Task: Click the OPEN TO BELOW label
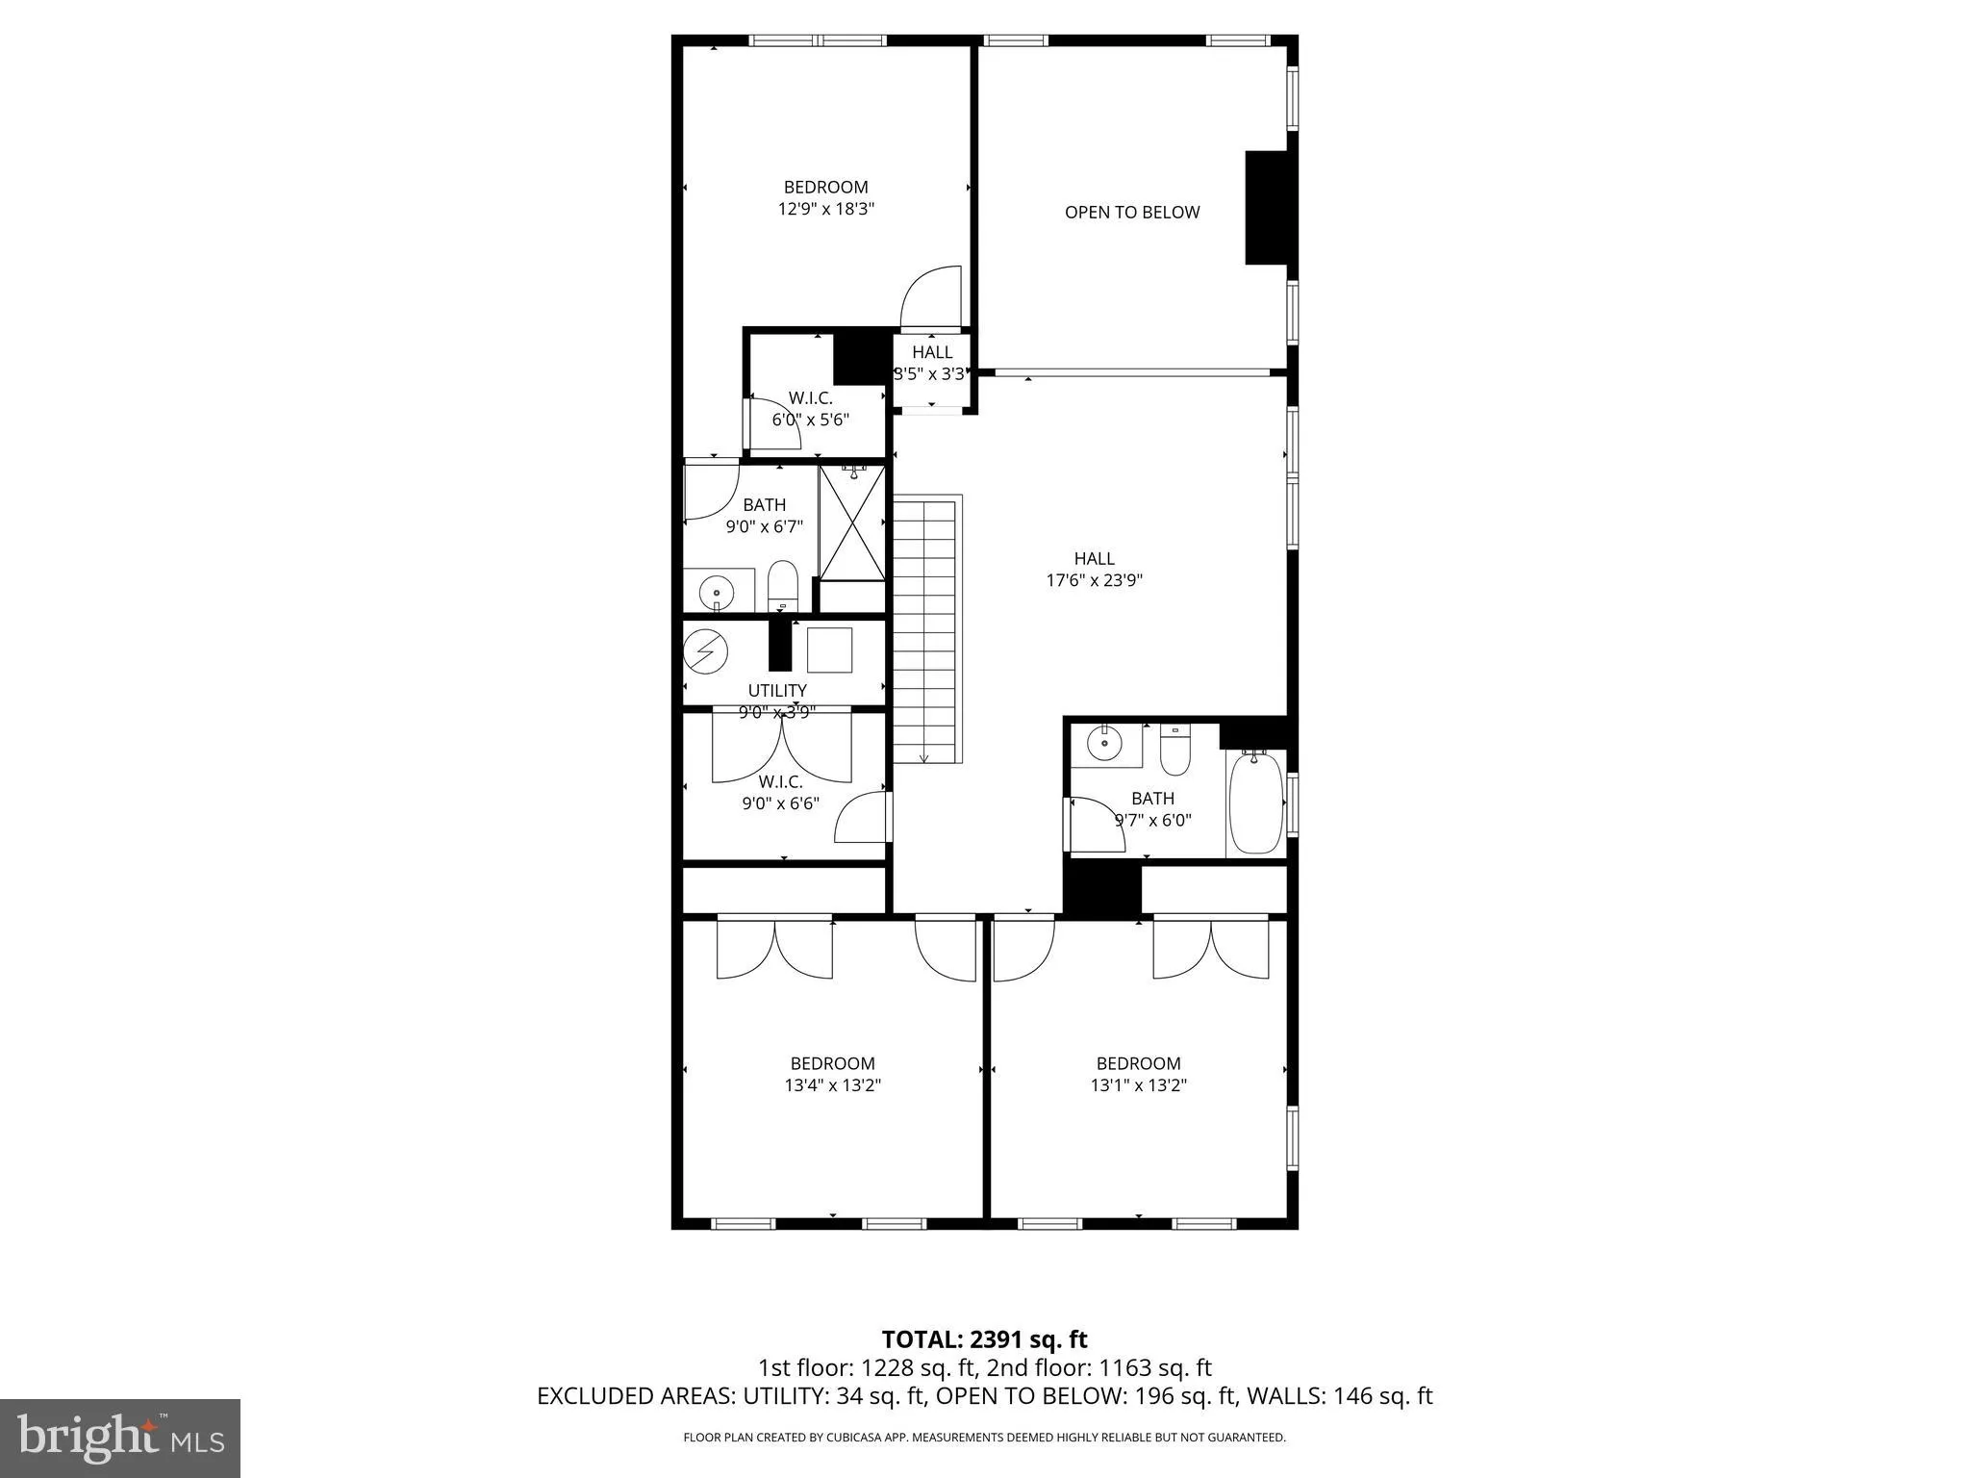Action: click(x=1131, y=213)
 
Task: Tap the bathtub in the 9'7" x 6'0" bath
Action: click(x=1255, y=803)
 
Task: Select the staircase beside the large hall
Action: click(x=926, y=630)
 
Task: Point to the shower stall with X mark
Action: click(x=851, y=522)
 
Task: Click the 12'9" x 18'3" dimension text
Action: click(x=825, y=209)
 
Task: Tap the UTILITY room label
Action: click(x=777, y=690)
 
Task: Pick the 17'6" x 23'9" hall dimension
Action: click(x=1094, y=580)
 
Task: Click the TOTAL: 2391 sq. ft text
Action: click(x=984, y=1339)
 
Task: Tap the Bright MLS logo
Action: click(x=120, y=1438)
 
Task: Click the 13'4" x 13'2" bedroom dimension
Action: click(x=832, y=1085)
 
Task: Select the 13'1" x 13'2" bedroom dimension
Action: click(x=1138, y=1085)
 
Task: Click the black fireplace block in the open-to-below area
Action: click(x=1266, y=207)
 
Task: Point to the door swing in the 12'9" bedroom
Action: click(x=931, y=297)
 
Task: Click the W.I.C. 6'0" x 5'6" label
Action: click(x=810, y=409)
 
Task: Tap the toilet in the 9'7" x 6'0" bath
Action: click(x=1174, y=752)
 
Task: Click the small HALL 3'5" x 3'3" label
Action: click(x=931, y=363)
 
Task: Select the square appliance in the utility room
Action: click(x=829, y=650)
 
